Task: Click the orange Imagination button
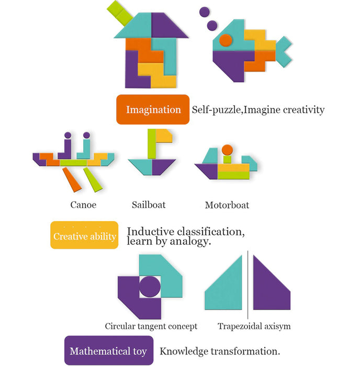coord(153,109)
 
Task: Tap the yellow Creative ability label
coord(84,236)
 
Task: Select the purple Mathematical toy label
coord(108,351)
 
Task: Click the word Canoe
coord(83,204)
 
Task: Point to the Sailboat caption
coord(149,204)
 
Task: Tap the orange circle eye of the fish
coord(226,40)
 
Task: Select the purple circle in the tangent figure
coord(150,287)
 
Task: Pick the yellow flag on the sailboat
coord(163,135)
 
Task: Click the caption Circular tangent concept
coord(151,326)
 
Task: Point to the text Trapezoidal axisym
coord(254,326)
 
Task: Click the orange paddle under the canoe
coord(73,180)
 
